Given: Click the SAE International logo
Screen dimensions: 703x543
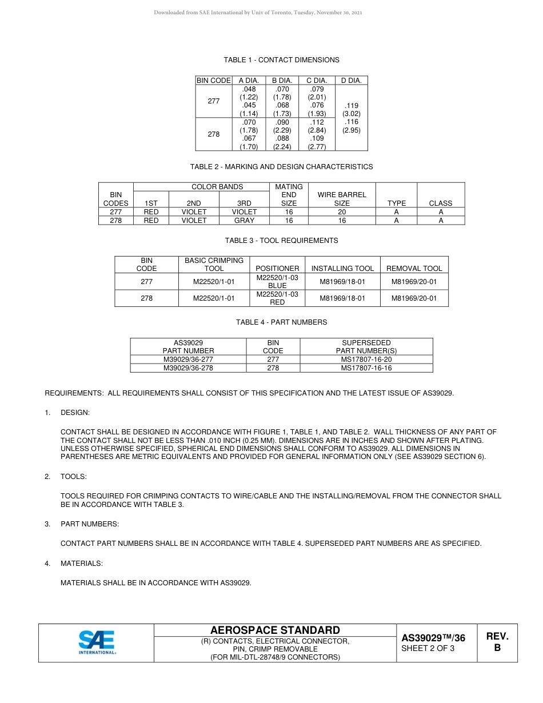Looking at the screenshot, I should [97, 643].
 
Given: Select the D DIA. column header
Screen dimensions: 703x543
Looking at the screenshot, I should [351, 81].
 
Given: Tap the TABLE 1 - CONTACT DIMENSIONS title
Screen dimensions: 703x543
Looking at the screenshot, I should [281, 60].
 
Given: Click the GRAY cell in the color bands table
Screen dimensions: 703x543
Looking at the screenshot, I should [244, 220].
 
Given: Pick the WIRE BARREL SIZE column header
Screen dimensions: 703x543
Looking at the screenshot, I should [342, 199].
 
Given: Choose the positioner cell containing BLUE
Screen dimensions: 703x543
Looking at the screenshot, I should [277, 281].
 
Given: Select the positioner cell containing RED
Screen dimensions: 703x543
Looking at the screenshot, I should [277, 298].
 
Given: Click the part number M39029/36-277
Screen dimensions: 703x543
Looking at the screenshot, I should [188, 360].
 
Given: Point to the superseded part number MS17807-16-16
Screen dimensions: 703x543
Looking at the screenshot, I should [366, 368].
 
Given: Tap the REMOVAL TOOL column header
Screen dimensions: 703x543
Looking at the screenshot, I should [414, 268].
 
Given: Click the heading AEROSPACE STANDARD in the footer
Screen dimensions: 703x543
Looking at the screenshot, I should [275, 630].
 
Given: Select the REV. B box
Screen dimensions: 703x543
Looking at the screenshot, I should [497, 642].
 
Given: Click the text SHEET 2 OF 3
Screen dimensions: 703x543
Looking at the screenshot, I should [428, 649].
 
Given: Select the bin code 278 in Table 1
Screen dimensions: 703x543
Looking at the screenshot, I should [213, 134].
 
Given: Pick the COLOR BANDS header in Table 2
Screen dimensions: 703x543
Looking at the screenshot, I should [217, 187].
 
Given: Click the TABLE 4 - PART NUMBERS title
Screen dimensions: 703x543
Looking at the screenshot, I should [281, 322].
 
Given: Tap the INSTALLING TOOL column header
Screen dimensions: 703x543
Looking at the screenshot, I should [342, 268].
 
